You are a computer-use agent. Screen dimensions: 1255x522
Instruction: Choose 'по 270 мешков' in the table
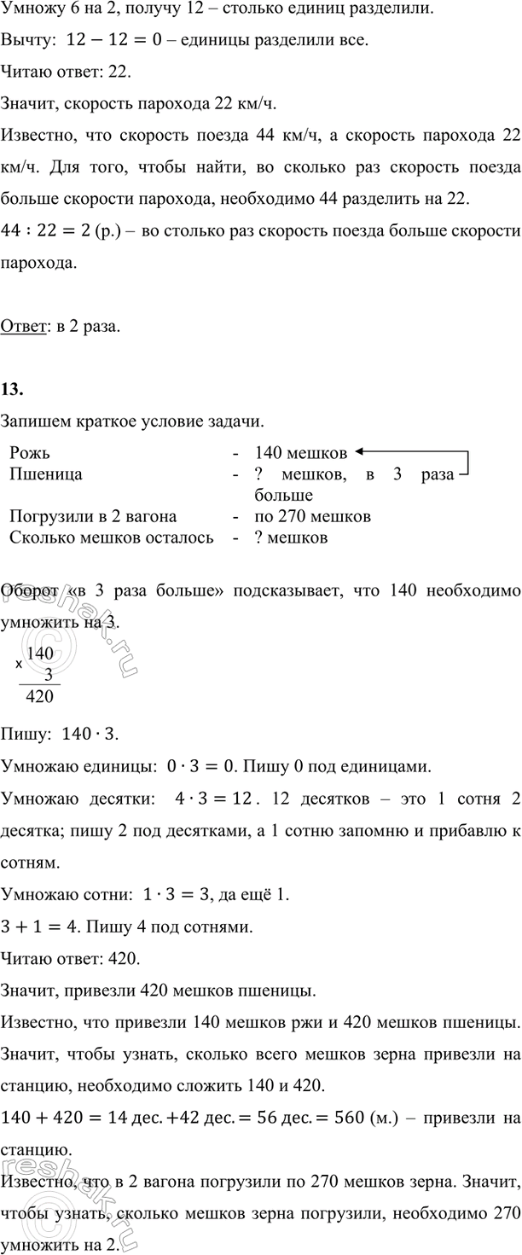[312, 517]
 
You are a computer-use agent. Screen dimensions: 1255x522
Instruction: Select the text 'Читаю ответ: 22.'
[67, 73]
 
